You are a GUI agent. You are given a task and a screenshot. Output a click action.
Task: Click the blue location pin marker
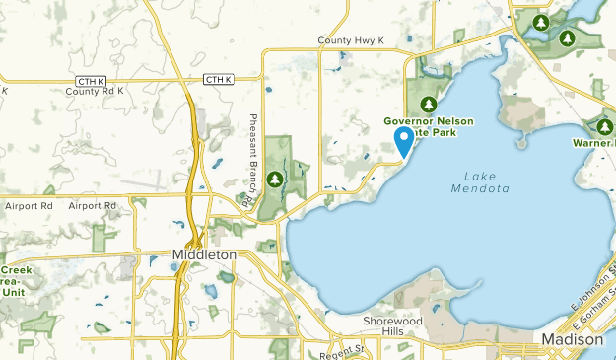403,141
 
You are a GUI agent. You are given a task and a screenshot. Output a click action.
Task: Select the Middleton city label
204,254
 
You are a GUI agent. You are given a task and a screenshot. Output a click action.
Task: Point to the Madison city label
573,339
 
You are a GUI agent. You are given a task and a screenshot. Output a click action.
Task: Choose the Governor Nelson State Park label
428,127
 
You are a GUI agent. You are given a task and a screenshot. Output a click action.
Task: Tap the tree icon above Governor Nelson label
429,104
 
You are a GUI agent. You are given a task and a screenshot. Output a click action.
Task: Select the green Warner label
593,143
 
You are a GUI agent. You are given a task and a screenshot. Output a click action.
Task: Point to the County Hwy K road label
350,40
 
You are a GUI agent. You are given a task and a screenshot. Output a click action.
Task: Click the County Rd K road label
95,91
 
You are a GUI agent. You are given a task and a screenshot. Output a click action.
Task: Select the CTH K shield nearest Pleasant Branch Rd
217,79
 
